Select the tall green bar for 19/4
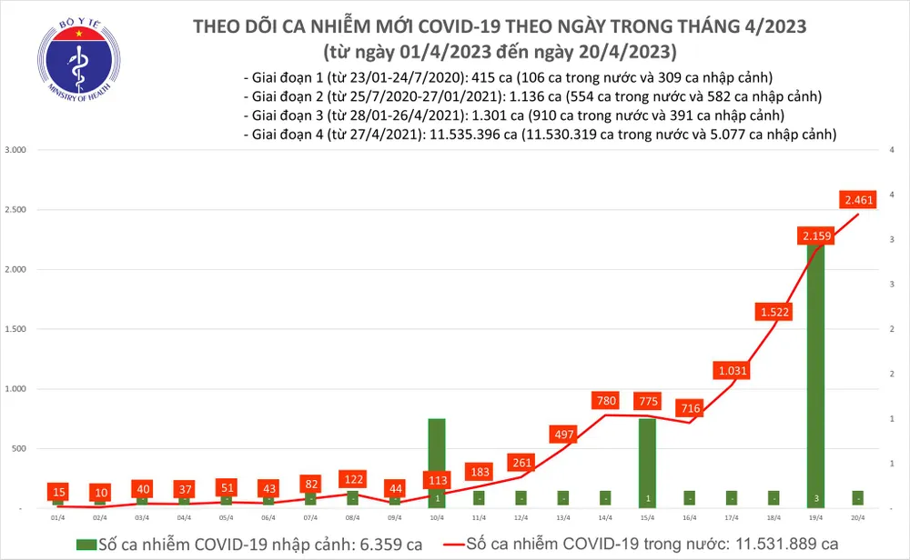tap(815, 373)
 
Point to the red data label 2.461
tap(858, 198)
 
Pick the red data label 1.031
tap(733, 371)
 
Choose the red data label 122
tap(353, 478)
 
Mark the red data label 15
tap(58, 491)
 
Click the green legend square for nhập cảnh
tap(85, 544)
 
